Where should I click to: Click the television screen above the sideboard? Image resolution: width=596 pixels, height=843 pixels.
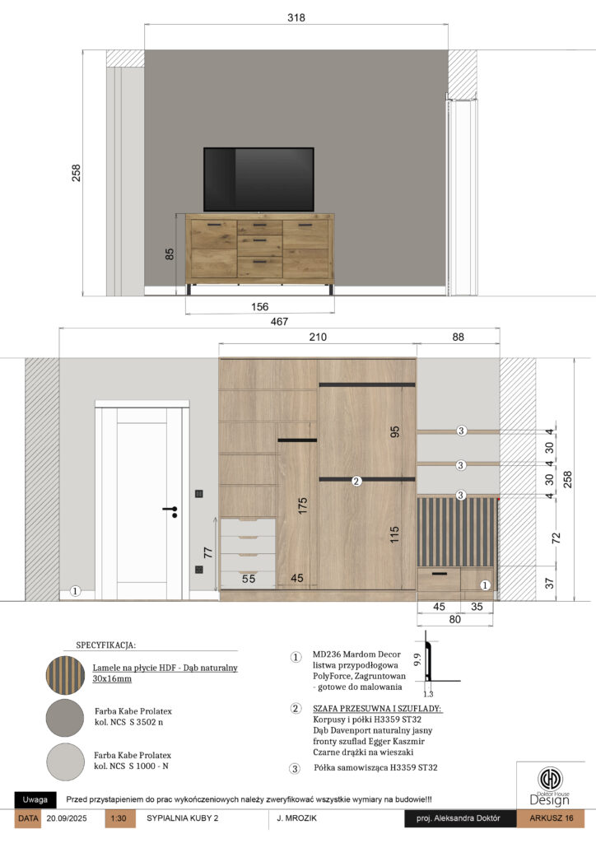[x=258, y=179]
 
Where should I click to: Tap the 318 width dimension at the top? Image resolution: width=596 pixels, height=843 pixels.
[x=296, y=18]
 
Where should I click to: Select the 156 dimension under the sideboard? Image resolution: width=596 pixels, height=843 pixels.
[x=259, y=306]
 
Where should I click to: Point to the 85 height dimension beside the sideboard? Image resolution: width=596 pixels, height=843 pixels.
[x=170, y=254]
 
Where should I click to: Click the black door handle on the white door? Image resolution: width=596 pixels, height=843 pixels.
[x=171, y=510]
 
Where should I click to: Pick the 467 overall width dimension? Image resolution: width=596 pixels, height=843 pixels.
[x=279, y=322]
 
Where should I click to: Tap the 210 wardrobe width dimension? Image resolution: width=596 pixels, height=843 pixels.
[x=318, y=337]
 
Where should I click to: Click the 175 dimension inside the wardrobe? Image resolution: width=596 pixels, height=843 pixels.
[x=302, y=505]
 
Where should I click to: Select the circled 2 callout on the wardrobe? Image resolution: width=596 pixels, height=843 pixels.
[x=356, y=481]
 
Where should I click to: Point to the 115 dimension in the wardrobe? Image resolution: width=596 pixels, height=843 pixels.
[x=394, y=534]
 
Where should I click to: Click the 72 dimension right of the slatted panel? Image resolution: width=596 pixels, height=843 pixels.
[x=556, y=538]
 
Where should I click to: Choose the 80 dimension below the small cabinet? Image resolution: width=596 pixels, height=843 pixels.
[x=454, y=619]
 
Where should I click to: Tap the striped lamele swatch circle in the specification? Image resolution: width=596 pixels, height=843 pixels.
[x=65, y=675]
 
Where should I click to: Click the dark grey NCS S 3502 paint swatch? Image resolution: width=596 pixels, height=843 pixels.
[x=65, y=718]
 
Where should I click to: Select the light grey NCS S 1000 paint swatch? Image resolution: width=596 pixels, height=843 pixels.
[x=65, y=761]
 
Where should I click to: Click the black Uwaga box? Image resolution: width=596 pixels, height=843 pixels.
[x=35, y=799]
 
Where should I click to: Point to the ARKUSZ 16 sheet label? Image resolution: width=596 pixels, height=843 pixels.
[x=551, y=818]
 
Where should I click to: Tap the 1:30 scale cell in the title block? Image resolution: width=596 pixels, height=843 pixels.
[x=119, y=818]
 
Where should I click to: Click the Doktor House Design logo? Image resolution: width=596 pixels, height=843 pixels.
[x=550, y=786]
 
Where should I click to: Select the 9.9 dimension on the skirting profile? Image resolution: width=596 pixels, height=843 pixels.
[x=417, y=659]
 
